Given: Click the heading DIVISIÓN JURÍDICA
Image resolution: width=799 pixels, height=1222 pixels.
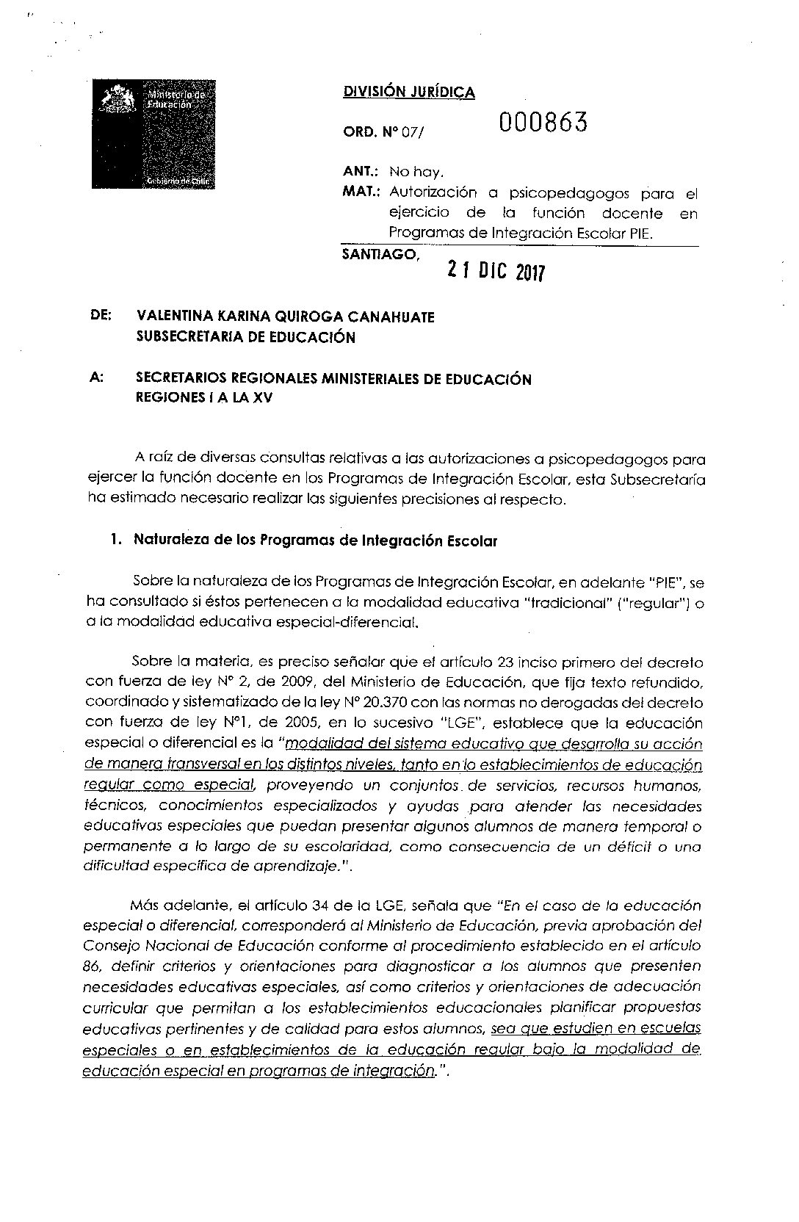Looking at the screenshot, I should pyautogui.click(x=408, y=93).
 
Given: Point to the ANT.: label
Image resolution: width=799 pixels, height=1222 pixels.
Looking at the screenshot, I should pyautogui.click(x=360, y=173).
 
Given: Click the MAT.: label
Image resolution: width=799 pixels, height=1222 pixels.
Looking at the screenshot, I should pyautogui.click(x=361, y=193).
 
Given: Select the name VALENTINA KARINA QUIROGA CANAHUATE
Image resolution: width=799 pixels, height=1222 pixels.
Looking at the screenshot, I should pyautogui.click(x=285, y=317).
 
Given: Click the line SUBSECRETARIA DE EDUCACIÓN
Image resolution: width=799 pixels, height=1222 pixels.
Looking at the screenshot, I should pyautogui.click(x=246, y=337).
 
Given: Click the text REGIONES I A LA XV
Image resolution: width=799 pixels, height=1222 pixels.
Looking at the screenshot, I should pyautogui.click(x=208, y=399).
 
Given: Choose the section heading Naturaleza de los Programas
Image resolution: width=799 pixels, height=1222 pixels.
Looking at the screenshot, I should pyautogui.click(x=316, y=541).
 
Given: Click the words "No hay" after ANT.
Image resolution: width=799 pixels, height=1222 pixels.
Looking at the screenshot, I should pyautogui.click(x=416, y=173).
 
